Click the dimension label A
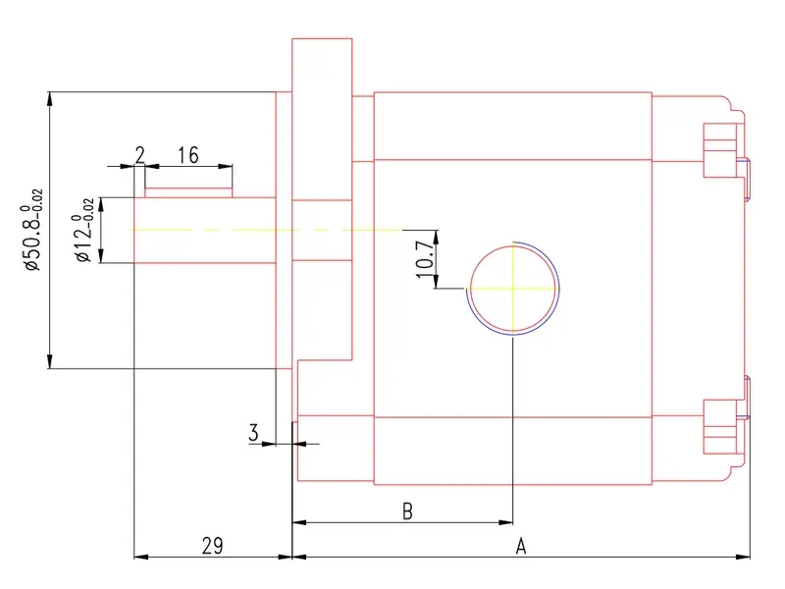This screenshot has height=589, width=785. tap(521, 546)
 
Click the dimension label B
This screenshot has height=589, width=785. tap(407, 511)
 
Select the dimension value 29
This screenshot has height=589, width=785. tap(213, 546)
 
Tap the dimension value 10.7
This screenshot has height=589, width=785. tap(425, 259)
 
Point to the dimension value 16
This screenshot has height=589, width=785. tap(188, 155)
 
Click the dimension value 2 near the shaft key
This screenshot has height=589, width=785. tap(140, 155)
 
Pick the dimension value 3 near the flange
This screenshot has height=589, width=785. tap(254, 432)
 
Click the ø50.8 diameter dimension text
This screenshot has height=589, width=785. tap(33, 230)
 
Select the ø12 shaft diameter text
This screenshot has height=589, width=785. tap(84, 230)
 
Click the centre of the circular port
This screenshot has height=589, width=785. tap(513, 289)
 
